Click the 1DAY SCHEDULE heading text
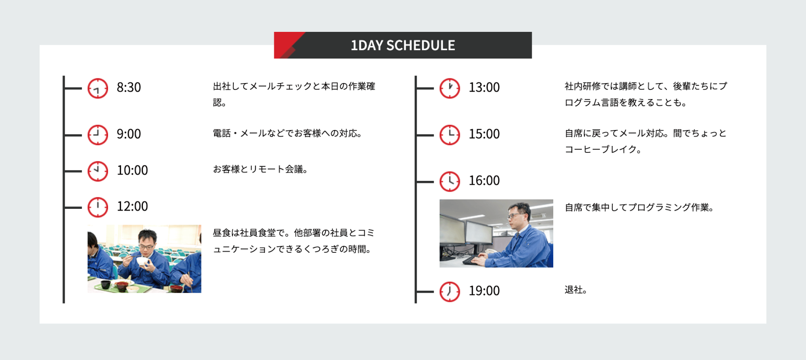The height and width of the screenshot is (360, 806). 403,45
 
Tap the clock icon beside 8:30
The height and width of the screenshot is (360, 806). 98,88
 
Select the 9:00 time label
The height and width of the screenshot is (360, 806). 129,134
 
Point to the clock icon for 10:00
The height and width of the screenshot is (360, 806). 98,171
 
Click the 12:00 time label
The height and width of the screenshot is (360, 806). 132,206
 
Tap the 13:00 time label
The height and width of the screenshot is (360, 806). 484,87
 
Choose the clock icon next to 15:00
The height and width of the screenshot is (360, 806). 450,135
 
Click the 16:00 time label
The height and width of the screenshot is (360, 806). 484,180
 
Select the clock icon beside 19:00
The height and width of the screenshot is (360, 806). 450,292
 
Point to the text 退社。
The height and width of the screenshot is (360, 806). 576,290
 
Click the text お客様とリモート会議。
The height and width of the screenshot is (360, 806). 260,169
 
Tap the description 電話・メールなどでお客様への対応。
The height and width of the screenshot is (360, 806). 287,133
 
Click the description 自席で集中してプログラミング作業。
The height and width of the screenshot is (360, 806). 639,208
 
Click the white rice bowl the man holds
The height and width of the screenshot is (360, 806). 142,261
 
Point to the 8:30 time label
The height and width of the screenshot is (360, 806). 129,87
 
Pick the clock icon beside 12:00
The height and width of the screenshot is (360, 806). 98,207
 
